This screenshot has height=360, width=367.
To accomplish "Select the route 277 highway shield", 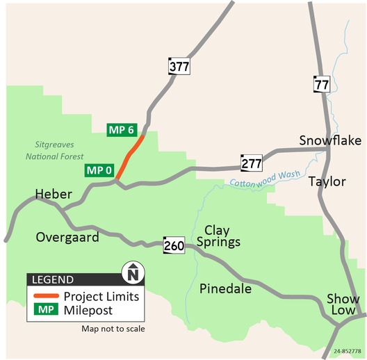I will point(251,163).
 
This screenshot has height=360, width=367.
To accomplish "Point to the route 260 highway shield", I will point(173,245).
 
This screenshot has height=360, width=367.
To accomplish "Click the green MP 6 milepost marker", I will point(121,130).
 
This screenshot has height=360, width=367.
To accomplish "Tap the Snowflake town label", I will point(330,141).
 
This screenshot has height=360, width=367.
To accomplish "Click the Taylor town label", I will point(327,181).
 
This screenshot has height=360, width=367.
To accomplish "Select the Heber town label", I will point(54,194).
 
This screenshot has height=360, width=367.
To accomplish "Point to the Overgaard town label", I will point(67,237).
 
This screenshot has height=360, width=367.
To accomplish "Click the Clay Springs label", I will point(222,236).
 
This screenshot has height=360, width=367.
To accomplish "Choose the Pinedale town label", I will point(225,288).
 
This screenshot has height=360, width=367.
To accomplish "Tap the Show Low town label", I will point(343,304).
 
